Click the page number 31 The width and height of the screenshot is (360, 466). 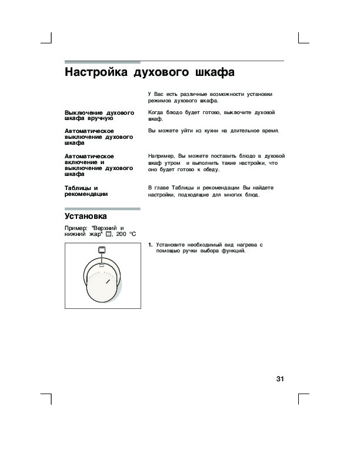280,378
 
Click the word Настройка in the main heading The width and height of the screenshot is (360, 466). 96,74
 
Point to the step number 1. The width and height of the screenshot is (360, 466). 151,244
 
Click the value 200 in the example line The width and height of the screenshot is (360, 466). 121,234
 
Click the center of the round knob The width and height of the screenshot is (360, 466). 104,284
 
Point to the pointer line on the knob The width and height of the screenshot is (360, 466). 109,282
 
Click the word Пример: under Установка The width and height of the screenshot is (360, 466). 77,228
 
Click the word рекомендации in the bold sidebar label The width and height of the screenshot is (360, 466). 86,194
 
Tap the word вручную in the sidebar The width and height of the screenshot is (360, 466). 92,118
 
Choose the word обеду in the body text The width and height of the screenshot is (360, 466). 209,169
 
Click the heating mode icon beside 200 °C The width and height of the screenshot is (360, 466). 108,234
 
